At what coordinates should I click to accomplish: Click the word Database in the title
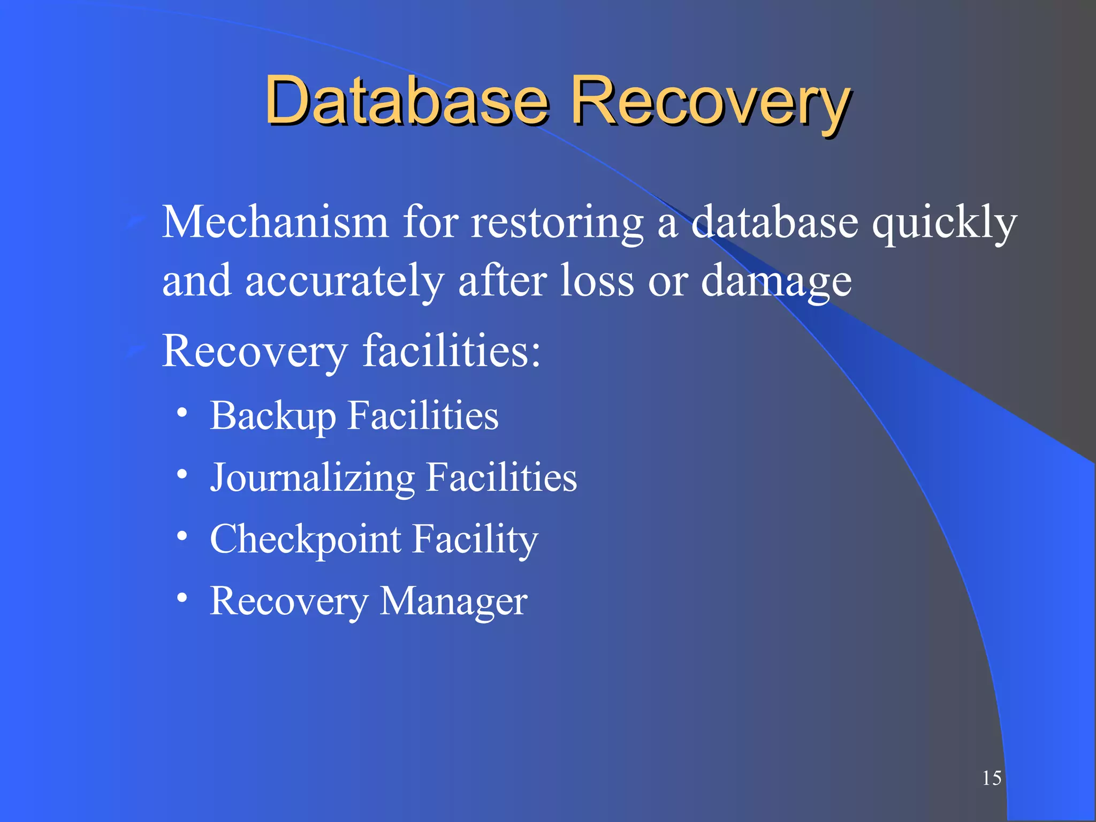407,101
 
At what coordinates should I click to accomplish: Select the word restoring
557,223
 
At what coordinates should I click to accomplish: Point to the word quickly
944,223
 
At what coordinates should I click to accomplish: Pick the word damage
776,281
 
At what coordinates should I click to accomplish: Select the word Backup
272,416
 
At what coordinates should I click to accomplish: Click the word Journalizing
312,477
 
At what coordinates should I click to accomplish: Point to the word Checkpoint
305,539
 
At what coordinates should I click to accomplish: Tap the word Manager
453,602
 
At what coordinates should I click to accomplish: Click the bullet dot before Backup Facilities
182,413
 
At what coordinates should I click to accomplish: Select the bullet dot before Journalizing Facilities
182,474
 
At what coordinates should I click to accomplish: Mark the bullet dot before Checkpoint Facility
182,536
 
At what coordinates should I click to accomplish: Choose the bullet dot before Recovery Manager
182,597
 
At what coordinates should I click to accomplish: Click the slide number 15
991,778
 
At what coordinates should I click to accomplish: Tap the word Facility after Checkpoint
475,539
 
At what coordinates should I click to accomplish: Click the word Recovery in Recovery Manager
288,602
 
